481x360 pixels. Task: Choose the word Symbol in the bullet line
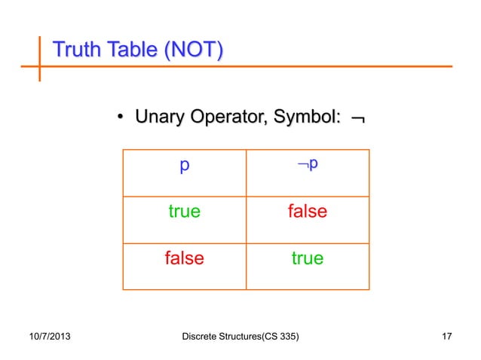point(309,117)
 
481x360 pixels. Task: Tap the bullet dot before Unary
point(120,117)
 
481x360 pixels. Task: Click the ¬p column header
point(307,165)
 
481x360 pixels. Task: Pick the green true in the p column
point(184,212)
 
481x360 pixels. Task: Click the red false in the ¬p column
point(307,212)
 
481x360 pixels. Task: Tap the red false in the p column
point(184,258)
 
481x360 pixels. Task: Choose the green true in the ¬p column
point(307,258)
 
